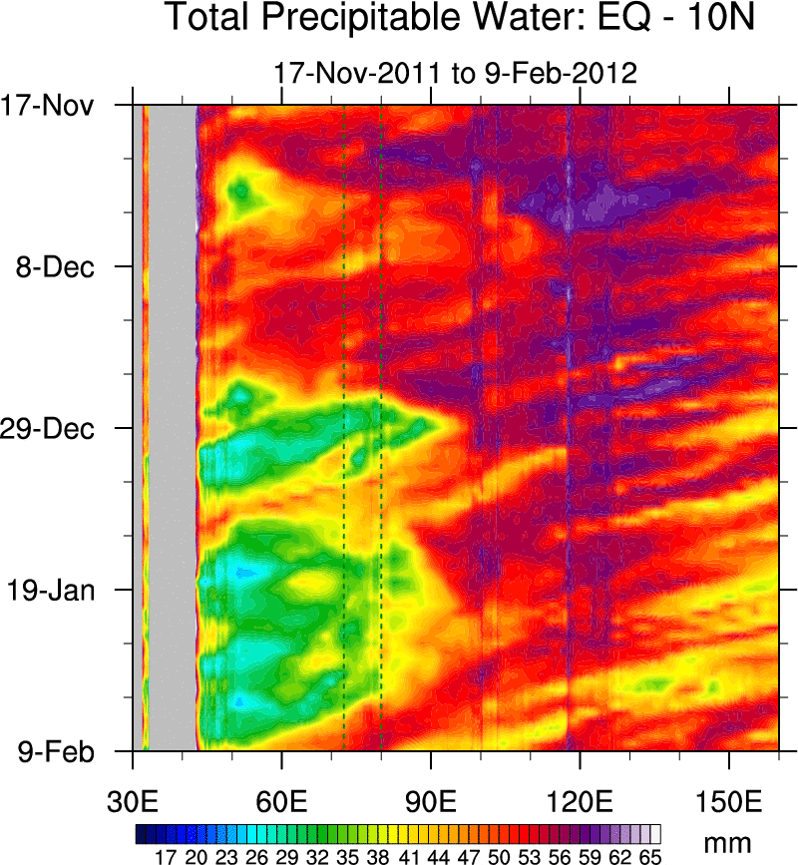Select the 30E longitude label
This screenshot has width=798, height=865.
click(x=133, y=802)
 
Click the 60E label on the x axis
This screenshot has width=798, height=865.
click(x=282, y=802)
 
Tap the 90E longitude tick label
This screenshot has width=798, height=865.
click(x=431, y=802)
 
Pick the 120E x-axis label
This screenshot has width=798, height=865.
click(x=580, y=802)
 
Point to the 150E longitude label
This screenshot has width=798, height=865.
click(x=729, y=802)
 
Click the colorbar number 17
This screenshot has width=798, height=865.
click(x=166, y=855)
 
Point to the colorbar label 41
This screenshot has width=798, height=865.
click(x=406, y=855)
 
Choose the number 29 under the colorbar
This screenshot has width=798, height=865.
click(x=286, y=855)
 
